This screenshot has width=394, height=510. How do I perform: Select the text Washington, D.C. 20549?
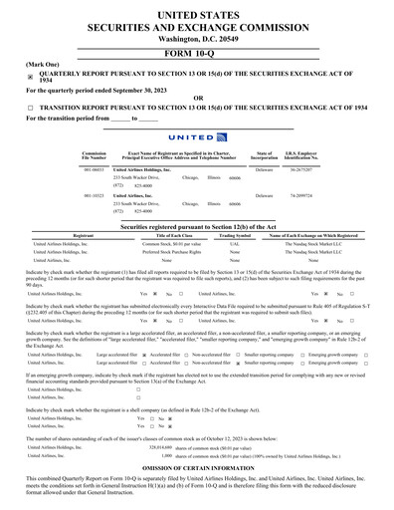click(x=197, y=36)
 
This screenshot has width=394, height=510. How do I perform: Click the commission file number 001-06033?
click(x=95, y=170)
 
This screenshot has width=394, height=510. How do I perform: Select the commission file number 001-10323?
click(x=95, y=196)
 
